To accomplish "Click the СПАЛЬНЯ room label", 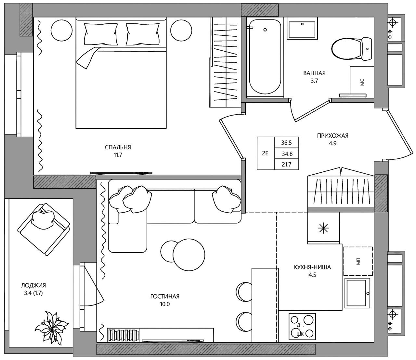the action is tap(118, 147).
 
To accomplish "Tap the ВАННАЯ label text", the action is tap(314, 73).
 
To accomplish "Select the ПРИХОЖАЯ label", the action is tap(332, 136).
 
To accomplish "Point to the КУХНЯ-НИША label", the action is tap(312, 267).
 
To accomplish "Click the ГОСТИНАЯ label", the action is tap(165, 296).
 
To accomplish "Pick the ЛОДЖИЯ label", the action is tap(33, 285).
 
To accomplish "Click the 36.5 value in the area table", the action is tap(286, 143).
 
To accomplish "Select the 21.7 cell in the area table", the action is tap(286, 165).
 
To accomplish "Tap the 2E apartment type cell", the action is tap(266, 153).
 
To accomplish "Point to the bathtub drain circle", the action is tap(265, 30).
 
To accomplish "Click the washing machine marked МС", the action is tap(362, 82).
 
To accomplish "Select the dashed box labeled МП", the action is tap(358, 261).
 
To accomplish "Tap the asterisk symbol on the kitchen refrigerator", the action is tap(323, 229).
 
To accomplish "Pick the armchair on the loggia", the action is tap(44, 229).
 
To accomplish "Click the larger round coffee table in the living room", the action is tap(189, 254).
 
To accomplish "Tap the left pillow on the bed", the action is tap(101, 34).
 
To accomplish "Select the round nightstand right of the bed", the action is tap(181, 31).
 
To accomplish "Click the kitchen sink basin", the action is tap(356, 293).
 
